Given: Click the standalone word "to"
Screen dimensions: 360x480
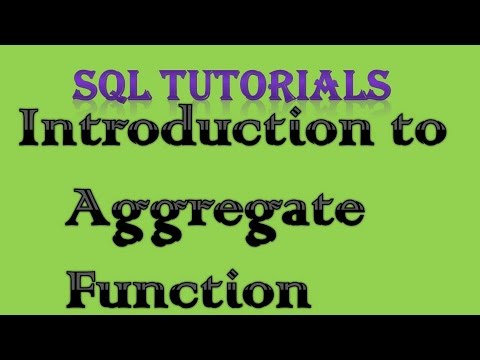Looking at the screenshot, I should pos(416,135).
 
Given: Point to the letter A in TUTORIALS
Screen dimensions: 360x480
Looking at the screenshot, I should pos(336,83).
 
